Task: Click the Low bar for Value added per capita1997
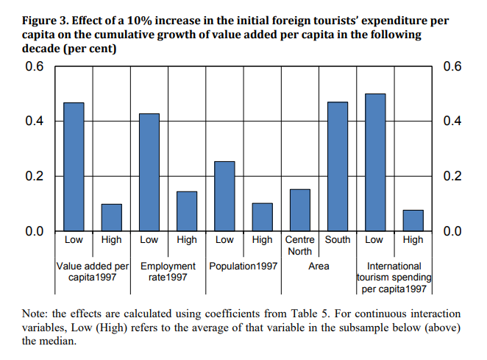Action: click(x=74, y=167)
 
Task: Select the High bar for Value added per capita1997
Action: click(x=111, y=218)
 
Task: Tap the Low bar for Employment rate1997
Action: click(x=149, y=172)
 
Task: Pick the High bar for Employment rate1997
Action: click(x=187, y=211)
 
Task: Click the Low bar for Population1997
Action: click(x=224, y=197)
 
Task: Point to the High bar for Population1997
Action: click(x=263, y=217)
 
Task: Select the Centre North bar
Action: click(x=300, y=211)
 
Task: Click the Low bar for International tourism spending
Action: click(x=375, y=163)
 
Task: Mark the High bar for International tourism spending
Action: click(x=413, y=221)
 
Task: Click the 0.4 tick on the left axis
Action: click(x=35, y=121)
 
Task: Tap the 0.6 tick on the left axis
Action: click(x=35, y=66)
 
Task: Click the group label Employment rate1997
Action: click(x=168, y=271)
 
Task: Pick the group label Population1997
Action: click(x=243, y=266)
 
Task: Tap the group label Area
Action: click(x=319, y=266)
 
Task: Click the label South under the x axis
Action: click(x=338, y=240)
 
